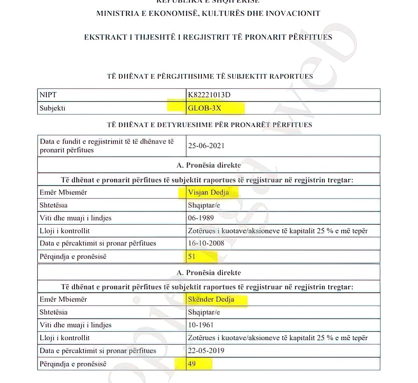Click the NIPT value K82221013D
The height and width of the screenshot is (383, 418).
click(x=209, y=95)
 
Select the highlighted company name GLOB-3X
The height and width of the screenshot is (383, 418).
click(x=205, y=108)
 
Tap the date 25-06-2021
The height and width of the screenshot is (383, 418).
click(x=206, y=146)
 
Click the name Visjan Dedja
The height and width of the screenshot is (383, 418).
click(x=208, y=193)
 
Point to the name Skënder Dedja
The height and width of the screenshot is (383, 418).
click(x=211, y=299)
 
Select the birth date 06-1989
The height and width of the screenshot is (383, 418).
click(x=201, y=218)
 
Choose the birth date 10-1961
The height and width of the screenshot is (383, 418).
click(x=201, y=325)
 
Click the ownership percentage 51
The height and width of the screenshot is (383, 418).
click(x=192, y=256)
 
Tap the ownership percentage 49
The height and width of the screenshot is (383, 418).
click(x=192, y=364)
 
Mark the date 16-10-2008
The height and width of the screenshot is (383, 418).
click(x=206, y=243)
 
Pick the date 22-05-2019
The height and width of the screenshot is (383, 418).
click(x=206, y=351)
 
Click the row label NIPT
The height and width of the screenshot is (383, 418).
click(x=48, y=95)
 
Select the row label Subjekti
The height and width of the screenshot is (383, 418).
click(x=52, y=108)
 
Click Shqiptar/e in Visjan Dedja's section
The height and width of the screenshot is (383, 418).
click(x=204, y=205)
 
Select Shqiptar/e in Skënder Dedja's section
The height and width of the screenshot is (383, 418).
click(x=204, y=312)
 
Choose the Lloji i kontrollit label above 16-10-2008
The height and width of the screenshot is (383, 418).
click(x=65, y=231)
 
